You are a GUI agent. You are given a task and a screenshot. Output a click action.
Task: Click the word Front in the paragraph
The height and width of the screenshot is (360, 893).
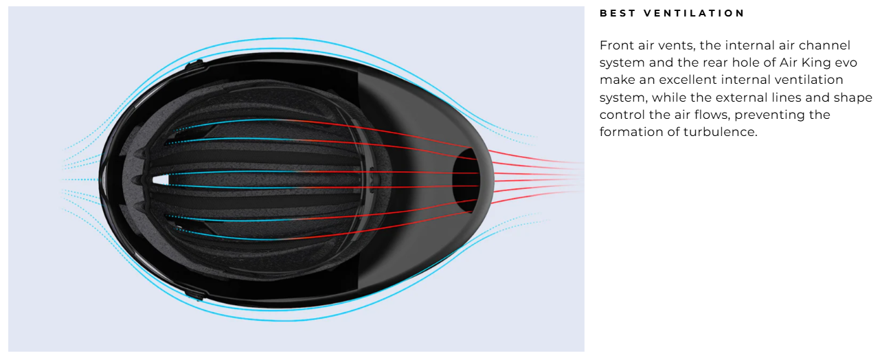(x=615, y=45)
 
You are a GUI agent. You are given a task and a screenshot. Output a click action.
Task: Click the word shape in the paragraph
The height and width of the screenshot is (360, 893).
(x=853, y=98)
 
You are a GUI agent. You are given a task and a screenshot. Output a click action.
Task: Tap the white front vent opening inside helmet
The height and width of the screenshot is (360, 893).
(x=160, y=180)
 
